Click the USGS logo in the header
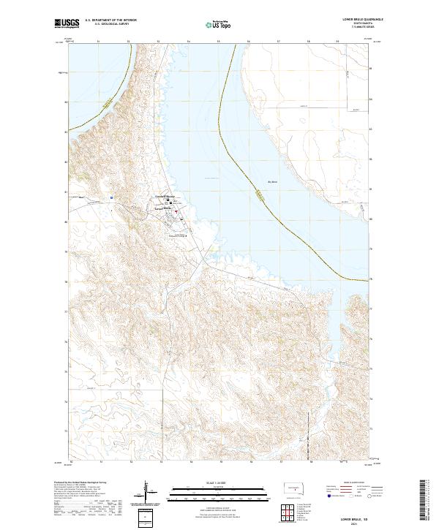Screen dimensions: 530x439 pyautogui.click(x=67, y=23)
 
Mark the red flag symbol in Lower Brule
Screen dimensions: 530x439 pyautogui.click(x=175, y=212)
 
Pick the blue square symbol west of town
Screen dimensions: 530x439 pyautogui.click(x=110, y=197)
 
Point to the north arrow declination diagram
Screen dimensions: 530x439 pyautogui.click(x=146, y=491)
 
